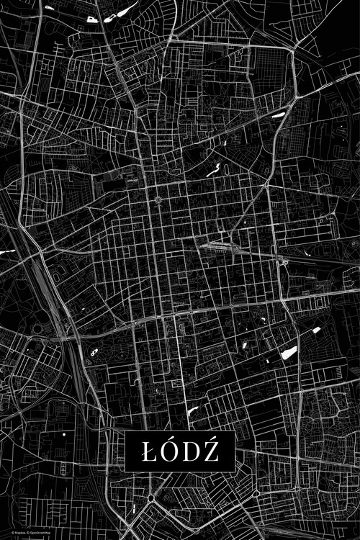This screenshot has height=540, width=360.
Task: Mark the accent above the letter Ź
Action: coord(210,438)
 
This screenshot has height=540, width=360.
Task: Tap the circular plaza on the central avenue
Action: coord(158,199)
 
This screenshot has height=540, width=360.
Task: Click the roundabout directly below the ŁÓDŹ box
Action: coord(151,498)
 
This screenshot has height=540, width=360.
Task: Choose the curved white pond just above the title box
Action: coord(192,411)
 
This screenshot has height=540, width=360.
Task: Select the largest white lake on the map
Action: coord(289,352)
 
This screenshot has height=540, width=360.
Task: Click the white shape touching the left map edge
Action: coord(7,251)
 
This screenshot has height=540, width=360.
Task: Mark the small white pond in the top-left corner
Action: coord(49,7)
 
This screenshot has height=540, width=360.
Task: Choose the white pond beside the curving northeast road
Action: coord(277,114)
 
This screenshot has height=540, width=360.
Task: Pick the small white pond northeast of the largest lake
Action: coord(316,330)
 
